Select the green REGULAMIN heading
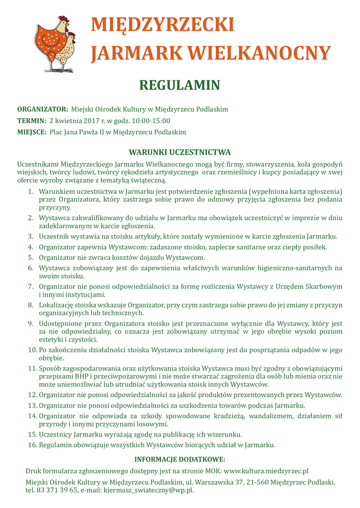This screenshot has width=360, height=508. coord(180,85)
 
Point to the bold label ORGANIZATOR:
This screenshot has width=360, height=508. coord(43,109)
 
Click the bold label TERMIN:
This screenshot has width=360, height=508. coord(32,121)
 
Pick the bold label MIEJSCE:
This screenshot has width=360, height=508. coord(32,132)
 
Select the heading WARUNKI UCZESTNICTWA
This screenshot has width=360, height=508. coord(180,152)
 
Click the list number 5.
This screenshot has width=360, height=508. coord(30,257)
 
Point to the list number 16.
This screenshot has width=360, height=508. coord(32,444)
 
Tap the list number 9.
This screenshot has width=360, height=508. coord(30,323)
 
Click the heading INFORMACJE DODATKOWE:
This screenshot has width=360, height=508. coord(180,459)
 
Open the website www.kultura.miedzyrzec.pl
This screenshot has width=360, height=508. coord(267,470)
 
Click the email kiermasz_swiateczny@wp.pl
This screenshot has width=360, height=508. coord(148,490)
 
